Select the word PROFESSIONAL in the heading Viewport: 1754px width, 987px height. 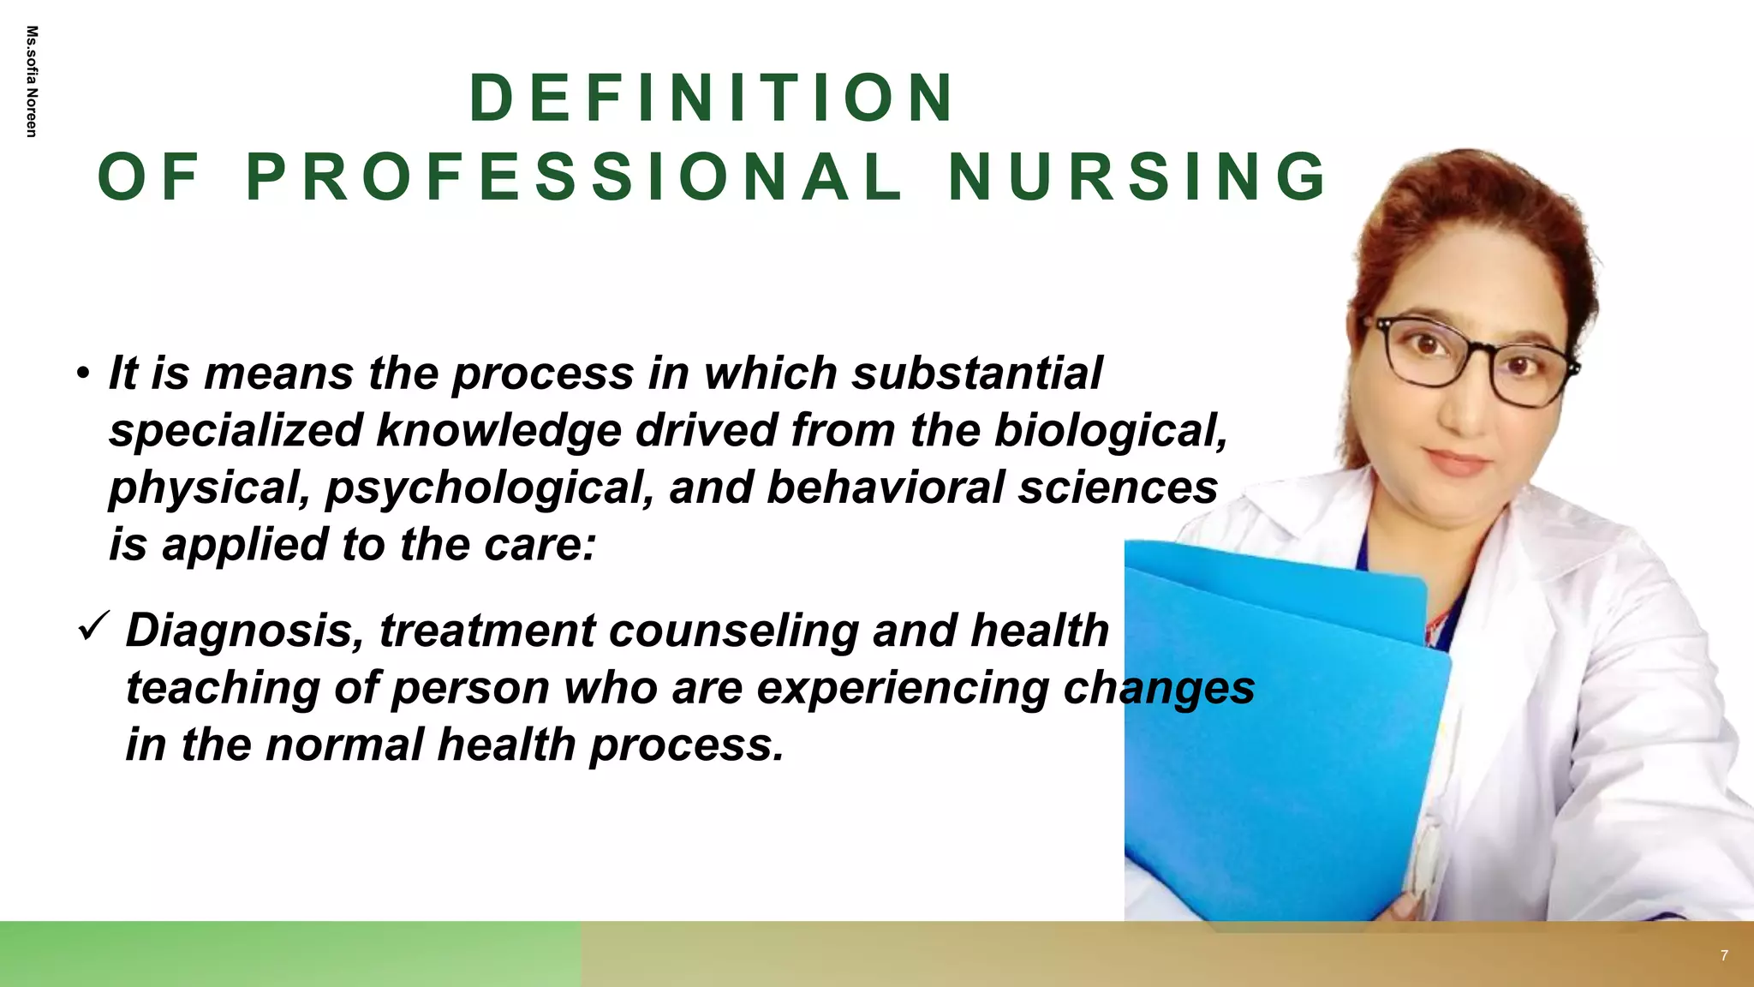(574, 177)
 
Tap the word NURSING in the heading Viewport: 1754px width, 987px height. (1137, 177)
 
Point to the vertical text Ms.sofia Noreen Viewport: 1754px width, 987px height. (32, 81)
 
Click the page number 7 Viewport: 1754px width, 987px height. (1724, 955)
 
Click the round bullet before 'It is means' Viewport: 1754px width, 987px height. (82, 374)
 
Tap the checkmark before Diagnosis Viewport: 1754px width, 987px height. (92, 627)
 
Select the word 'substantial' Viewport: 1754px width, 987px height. (976, 374)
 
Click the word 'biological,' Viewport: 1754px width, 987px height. (1111, 430)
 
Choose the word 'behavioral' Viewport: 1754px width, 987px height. (884, 488)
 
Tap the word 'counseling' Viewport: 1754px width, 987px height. (733, 631)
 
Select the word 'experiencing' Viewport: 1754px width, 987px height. (903, 688)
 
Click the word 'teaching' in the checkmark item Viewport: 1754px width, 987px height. (223, 688)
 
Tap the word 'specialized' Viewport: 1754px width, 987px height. (236, 430)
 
